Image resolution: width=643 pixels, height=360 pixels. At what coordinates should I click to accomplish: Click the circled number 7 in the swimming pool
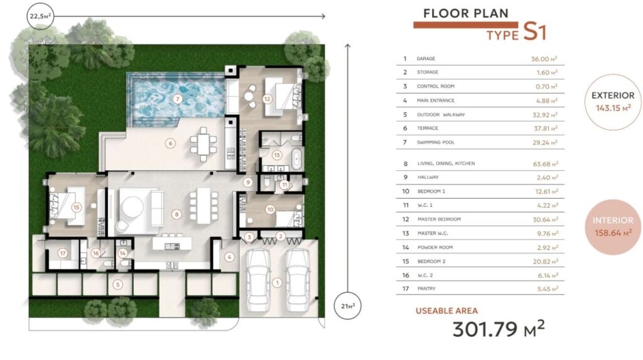178,99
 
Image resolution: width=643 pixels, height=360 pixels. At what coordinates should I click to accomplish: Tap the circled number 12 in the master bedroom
267,99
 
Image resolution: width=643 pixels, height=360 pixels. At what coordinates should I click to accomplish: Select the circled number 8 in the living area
176,214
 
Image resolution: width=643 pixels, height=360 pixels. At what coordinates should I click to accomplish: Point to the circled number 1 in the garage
277,283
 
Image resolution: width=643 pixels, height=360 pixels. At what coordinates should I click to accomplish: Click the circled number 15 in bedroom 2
76,207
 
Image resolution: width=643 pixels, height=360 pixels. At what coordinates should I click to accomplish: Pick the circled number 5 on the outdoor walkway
117,284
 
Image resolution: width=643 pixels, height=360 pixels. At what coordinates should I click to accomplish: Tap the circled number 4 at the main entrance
229,257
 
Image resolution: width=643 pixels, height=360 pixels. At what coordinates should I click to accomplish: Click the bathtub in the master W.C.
296,159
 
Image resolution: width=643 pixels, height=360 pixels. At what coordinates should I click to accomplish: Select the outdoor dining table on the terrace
203,145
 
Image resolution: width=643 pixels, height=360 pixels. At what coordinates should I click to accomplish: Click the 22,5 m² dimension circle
40,16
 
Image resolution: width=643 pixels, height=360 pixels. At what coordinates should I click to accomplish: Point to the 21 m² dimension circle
348,306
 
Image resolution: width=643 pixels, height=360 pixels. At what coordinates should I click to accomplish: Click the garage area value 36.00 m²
544,58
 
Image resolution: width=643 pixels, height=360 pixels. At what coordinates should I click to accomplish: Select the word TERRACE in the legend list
427,128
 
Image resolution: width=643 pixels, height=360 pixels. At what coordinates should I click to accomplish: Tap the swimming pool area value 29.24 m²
545,143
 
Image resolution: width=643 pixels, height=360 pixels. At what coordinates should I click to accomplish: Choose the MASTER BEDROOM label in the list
439,219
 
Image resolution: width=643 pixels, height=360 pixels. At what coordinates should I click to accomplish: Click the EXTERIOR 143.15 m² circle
613,102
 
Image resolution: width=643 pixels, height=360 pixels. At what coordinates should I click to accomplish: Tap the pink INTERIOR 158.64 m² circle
613,227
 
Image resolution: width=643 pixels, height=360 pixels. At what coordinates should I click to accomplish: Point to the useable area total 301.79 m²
499,329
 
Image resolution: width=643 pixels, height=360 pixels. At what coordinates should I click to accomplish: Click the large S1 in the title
535,31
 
